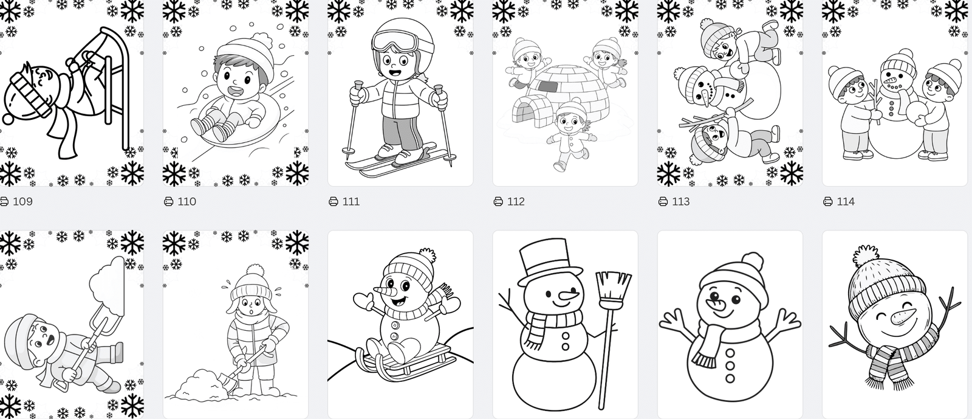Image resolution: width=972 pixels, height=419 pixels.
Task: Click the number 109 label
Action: click(22, 201)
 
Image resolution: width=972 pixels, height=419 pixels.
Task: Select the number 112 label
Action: click(516, 201)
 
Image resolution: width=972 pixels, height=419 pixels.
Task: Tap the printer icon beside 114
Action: click(828, 201)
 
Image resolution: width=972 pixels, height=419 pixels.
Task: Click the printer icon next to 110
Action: click(168, 201)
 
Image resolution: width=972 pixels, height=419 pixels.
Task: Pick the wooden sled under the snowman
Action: click(406, 361)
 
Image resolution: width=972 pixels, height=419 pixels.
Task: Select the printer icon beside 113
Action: click(663, 201)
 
